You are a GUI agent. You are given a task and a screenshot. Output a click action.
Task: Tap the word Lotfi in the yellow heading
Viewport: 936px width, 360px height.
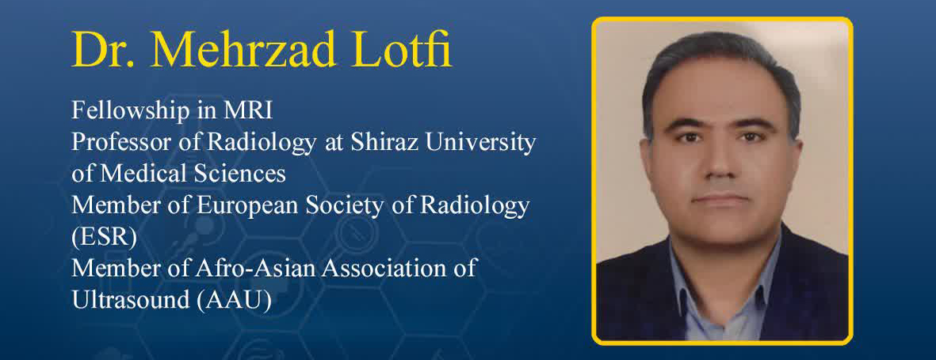coord(403,49)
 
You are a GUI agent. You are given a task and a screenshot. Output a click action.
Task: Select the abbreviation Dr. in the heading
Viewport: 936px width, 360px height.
coord(105,50)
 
